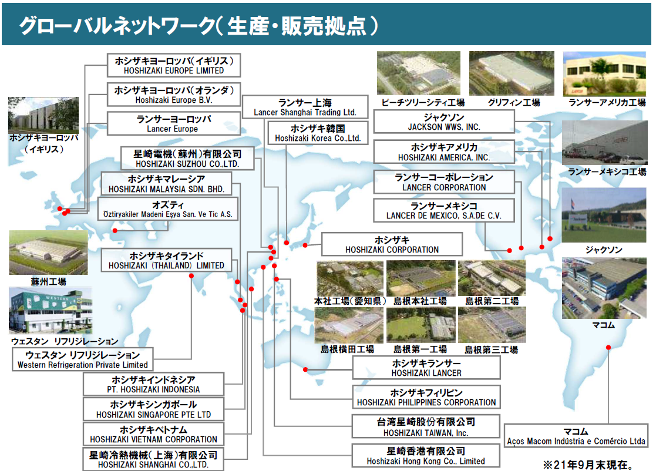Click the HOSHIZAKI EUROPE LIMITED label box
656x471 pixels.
174,65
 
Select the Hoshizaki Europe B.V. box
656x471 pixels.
174,95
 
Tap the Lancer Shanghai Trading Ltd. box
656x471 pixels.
305,107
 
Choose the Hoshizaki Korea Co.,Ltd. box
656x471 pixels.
318,133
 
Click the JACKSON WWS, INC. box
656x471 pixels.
443,122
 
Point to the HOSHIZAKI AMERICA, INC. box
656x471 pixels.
443,152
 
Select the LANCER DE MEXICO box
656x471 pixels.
443,211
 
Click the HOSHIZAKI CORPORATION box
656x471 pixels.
392,244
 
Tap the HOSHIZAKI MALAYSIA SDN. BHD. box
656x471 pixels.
166,184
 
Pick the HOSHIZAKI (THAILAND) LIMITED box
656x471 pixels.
166,260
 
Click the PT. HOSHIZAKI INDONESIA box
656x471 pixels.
153,384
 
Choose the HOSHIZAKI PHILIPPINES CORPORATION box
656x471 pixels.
426,397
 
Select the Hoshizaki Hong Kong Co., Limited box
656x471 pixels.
426,456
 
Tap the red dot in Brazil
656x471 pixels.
608,348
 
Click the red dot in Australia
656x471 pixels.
305,369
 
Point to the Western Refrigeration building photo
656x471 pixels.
50,311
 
